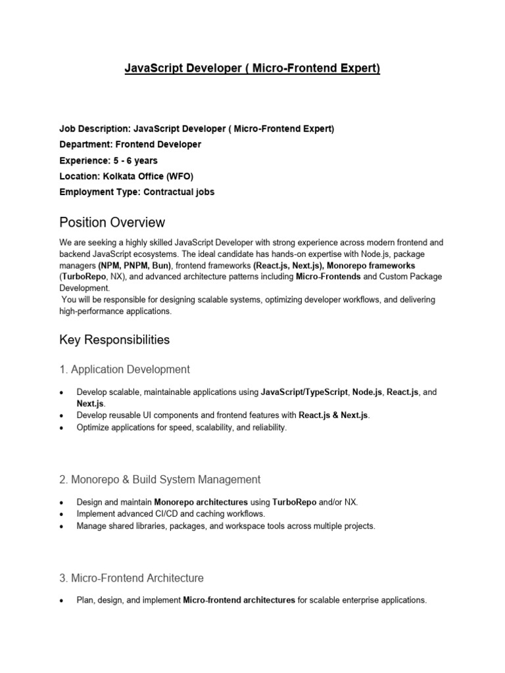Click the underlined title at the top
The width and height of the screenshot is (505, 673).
(252, 69)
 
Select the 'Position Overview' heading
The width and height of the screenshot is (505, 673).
(112, 222)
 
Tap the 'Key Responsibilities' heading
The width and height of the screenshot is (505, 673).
(114, 340)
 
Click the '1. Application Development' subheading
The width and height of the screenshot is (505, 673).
(125, 369)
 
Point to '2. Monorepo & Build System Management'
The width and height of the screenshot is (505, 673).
(160, 479)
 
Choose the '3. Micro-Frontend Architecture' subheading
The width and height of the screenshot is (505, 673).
(132, 578)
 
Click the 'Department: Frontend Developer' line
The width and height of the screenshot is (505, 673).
(130, 145)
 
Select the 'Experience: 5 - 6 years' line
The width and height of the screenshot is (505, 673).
(108, 160)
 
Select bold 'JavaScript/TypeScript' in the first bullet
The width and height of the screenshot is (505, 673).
(304, 392)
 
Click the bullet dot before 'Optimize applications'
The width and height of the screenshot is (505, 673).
(61, 428)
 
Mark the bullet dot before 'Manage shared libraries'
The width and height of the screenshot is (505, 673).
(61, 526)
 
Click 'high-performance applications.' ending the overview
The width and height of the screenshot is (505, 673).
(115, 312)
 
